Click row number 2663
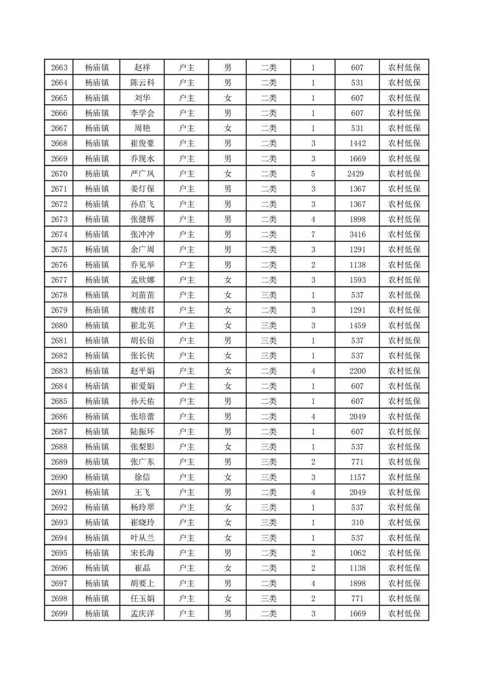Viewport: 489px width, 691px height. [x=59, y=68]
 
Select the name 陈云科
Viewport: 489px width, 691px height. [x=142, y=83]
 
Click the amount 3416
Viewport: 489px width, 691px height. [x=357, y=235]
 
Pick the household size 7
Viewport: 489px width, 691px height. [x=313, y=235]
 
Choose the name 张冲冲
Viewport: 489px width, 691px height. [x=142, y=235]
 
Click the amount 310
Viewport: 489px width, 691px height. [x=357, y=522]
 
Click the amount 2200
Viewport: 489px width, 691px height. [x=357, y=371]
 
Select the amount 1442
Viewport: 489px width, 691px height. [x=357, y=143]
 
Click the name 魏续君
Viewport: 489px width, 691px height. [x=142, y=310]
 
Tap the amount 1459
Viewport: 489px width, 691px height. [x=357, y=325]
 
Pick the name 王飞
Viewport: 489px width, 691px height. [x=142, y=492]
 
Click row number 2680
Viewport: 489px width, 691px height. [x=59, y=325]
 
